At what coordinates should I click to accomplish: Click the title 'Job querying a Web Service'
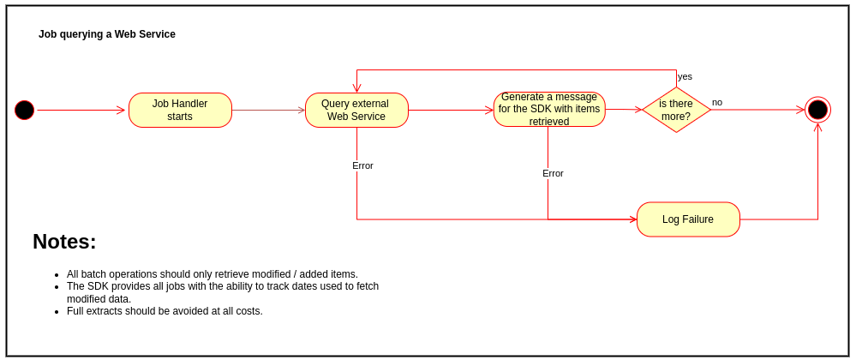107,34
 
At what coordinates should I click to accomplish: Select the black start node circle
25,110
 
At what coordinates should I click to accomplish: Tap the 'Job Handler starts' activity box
180,110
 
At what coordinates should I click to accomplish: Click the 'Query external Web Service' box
356,110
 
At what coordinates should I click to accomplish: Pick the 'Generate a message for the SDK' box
549,110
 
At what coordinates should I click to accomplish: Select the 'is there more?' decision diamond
676,110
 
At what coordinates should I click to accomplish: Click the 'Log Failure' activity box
688,219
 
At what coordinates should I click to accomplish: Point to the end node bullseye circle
817,110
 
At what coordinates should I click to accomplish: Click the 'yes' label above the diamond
685,76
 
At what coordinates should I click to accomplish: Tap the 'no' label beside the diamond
717,102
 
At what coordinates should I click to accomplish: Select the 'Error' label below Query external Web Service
362,165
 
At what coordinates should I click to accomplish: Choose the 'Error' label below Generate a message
553,173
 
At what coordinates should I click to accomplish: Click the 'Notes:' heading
64,242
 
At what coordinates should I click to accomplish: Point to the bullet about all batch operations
212,274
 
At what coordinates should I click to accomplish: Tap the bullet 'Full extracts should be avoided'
165,311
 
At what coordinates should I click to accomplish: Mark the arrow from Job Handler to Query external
268,110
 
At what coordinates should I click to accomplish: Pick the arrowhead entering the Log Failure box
633,219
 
